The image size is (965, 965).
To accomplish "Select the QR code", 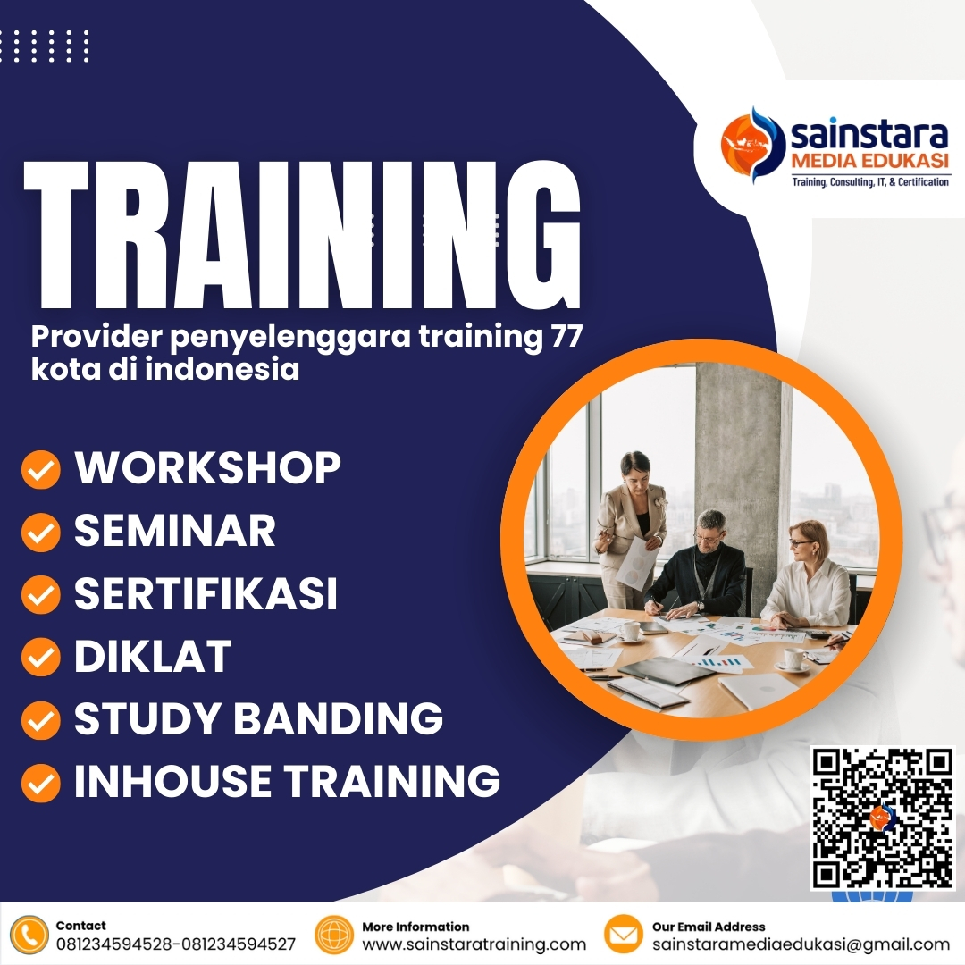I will tap(882, 818).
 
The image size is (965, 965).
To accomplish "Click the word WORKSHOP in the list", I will tap(207, 468).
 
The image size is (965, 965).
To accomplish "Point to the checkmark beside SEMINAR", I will tap(40, 533).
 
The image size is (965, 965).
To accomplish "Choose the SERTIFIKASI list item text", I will tap(206, 594).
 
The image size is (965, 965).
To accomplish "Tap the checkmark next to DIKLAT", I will tap(40, 658).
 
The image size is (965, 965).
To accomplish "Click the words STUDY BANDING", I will tap(258, 719).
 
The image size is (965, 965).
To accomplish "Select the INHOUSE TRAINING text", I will tap(287, 781).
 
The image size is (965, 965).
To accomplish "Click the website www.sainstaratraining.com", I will tap(474, 944).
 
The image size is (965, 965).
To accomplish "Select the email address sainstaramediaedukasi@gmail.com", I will tap(801, 944).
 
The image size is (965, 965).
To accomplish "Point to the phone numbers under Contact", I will tap(175, 944).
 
